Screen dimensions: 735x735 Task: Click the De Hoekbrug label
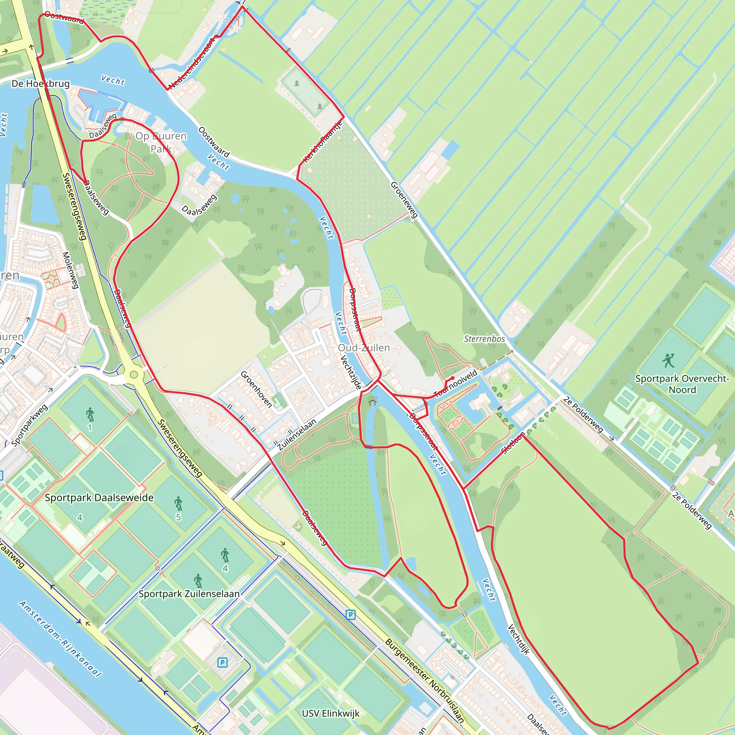(41, 84)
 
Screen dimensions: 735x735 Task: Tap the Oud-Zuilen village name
(364, 348)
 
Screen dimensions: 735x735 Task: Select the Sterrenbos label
(484, 338)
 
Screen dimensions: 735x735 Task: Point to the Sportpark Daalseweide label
(99, 498)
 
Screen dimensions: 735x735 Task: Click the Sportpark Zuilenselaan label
(189, 594)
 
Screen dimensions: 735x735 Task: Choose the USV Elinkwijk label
(330, 713)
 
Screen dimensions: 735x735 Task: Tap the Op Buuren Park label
(161, 142)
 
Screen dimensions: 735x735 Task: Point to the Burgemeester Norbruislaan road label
(425, 681)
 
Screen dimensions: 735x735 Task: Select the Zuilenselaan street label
(297, 435)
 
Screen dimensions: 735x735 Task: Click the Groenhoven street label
(256, 389)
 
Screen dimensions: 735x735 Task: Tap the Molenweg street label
(70, 270)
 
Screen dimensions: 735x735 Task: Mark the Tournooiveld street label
(455, 384)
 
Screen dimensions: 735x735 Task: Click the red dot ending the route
(453, 378)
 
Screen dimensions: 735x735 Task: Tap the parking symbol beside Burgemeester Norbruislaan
(350, 614)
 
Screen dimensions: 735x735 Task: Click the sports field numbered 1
(90, 414)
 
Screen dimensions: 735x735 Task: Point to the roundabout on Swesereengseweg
(134, 375)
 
